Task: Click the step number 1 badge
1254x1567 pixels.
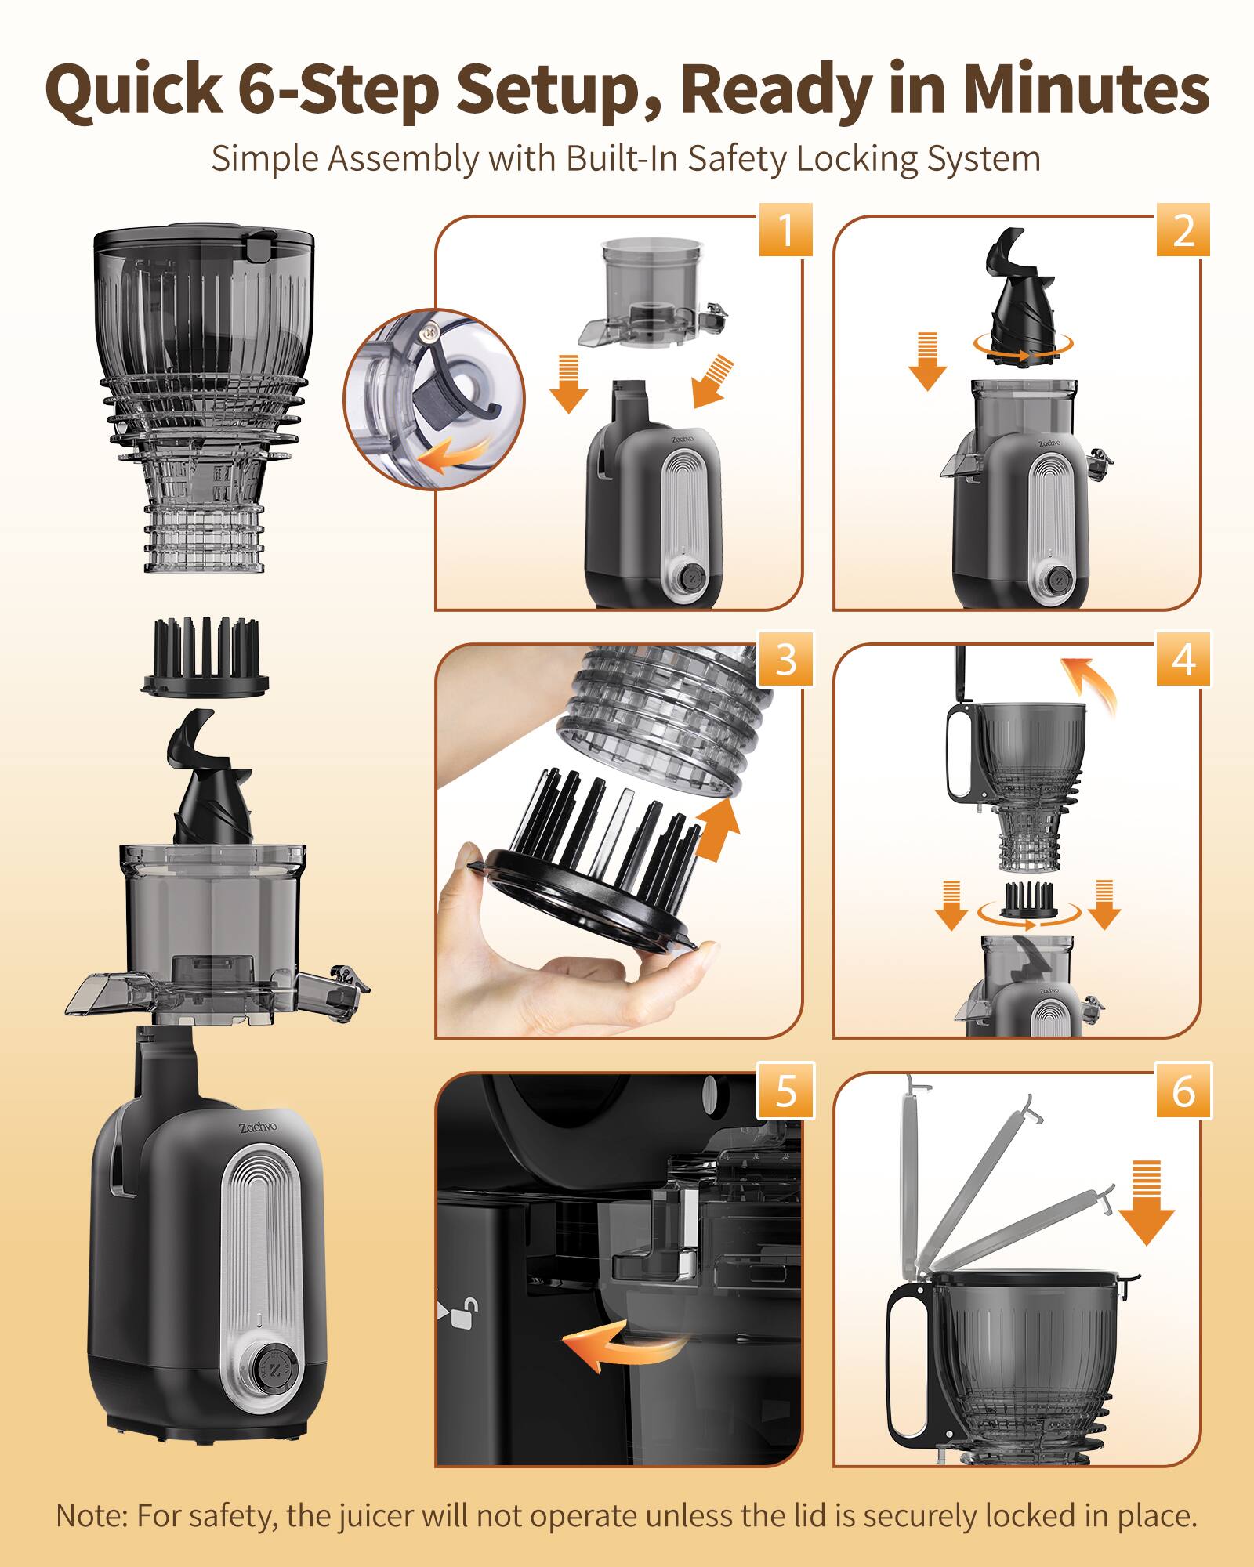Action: point(785,230)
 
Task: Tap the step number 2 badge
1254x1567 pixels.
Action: point(1183,230)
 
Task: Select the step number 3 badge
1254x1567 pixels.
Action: point(785,659)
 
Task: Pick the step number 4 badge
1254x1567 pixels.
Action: point(1183,659)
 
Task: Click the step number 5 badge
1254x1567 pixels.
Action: point(785,1090)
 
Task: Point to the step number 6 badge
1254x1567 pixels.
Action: point(1183,1090)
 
